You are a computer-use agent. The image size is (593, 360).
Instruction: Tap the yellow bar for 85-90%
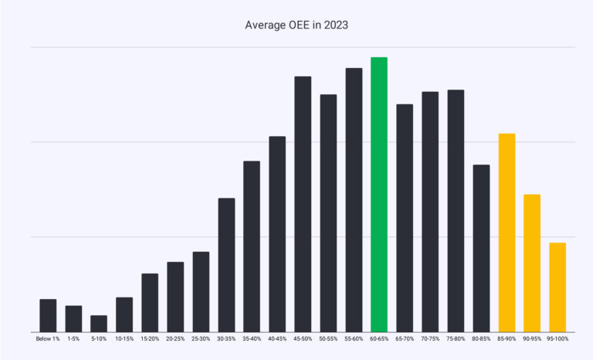point(507,233)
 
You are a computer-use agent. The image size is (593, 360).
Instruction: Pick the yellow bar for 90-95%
point(532,263)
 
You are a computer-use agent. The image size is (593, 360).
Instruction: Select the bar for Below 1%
point(48,315)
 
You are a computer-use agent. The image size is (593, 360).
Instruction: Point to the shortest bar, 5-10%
point(99,324)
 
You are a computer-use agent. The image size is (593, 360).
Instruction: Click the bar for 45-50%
point(303,204)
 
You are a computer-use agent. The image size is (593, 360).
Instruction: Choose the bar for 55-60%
point(354,200)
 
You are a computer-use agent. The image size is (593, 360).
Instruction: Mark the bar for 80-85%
point(481,248)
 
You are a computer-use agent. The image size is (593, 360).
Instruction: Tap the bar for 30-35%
point(226,265)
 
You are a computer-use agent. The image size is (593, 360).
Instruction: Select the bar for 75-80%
point(456,211)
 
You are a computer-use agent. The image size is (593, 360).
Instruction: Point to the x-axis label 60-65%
point(378,339)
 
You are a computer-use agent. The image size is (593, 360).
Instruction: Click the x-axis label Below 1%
point(48,339)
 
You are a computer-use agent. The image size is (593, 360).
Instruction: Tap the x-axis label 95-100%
point(557,339)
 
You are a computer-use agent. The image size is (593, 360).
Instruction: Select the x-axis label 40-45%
point(277,339)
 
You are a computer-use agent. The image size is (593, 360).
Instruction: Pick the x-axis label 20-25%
point(175,339)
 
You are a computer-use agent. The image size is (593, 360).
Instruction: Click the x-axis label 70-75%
point(430,339)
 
